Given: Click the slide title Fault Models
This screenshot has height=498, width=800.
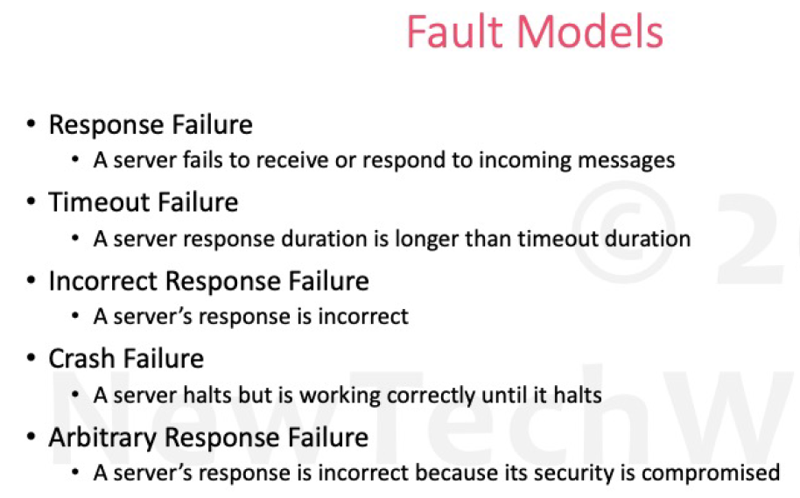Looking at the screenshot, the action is [x=535, y=32].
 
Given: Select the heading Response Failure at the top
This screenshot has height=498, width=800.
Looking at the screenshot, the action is [x=151, y=125].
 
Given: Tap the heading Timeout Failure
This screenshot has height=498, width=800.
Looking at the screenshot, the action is [x=144, y=202].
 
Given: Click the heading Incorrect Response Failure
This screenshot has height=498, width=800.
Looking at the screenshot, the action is [x=208, y=281].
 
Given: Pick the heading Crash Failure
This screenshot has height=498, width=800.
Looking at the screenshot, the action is [x=126, y=359].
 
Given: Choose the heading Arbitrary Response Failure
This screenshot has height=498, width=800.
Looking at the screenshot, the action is [x=208, y=438].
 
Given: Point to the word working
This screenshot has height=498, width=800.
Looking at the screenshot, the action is [x=340, y=396].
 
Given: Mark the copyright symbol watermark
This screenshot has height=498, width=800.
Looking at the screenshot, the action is [x=623, y=232].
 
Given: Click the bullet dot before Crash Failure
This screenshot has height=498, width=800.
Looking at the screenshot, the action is [x=32, y=358].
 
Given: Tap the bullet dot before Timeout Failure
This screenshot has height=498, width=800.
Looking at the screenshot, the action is [x=32, y=201].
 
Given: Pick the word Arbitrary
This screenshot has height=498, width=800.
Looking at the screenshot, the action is [x=102, y=438].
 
